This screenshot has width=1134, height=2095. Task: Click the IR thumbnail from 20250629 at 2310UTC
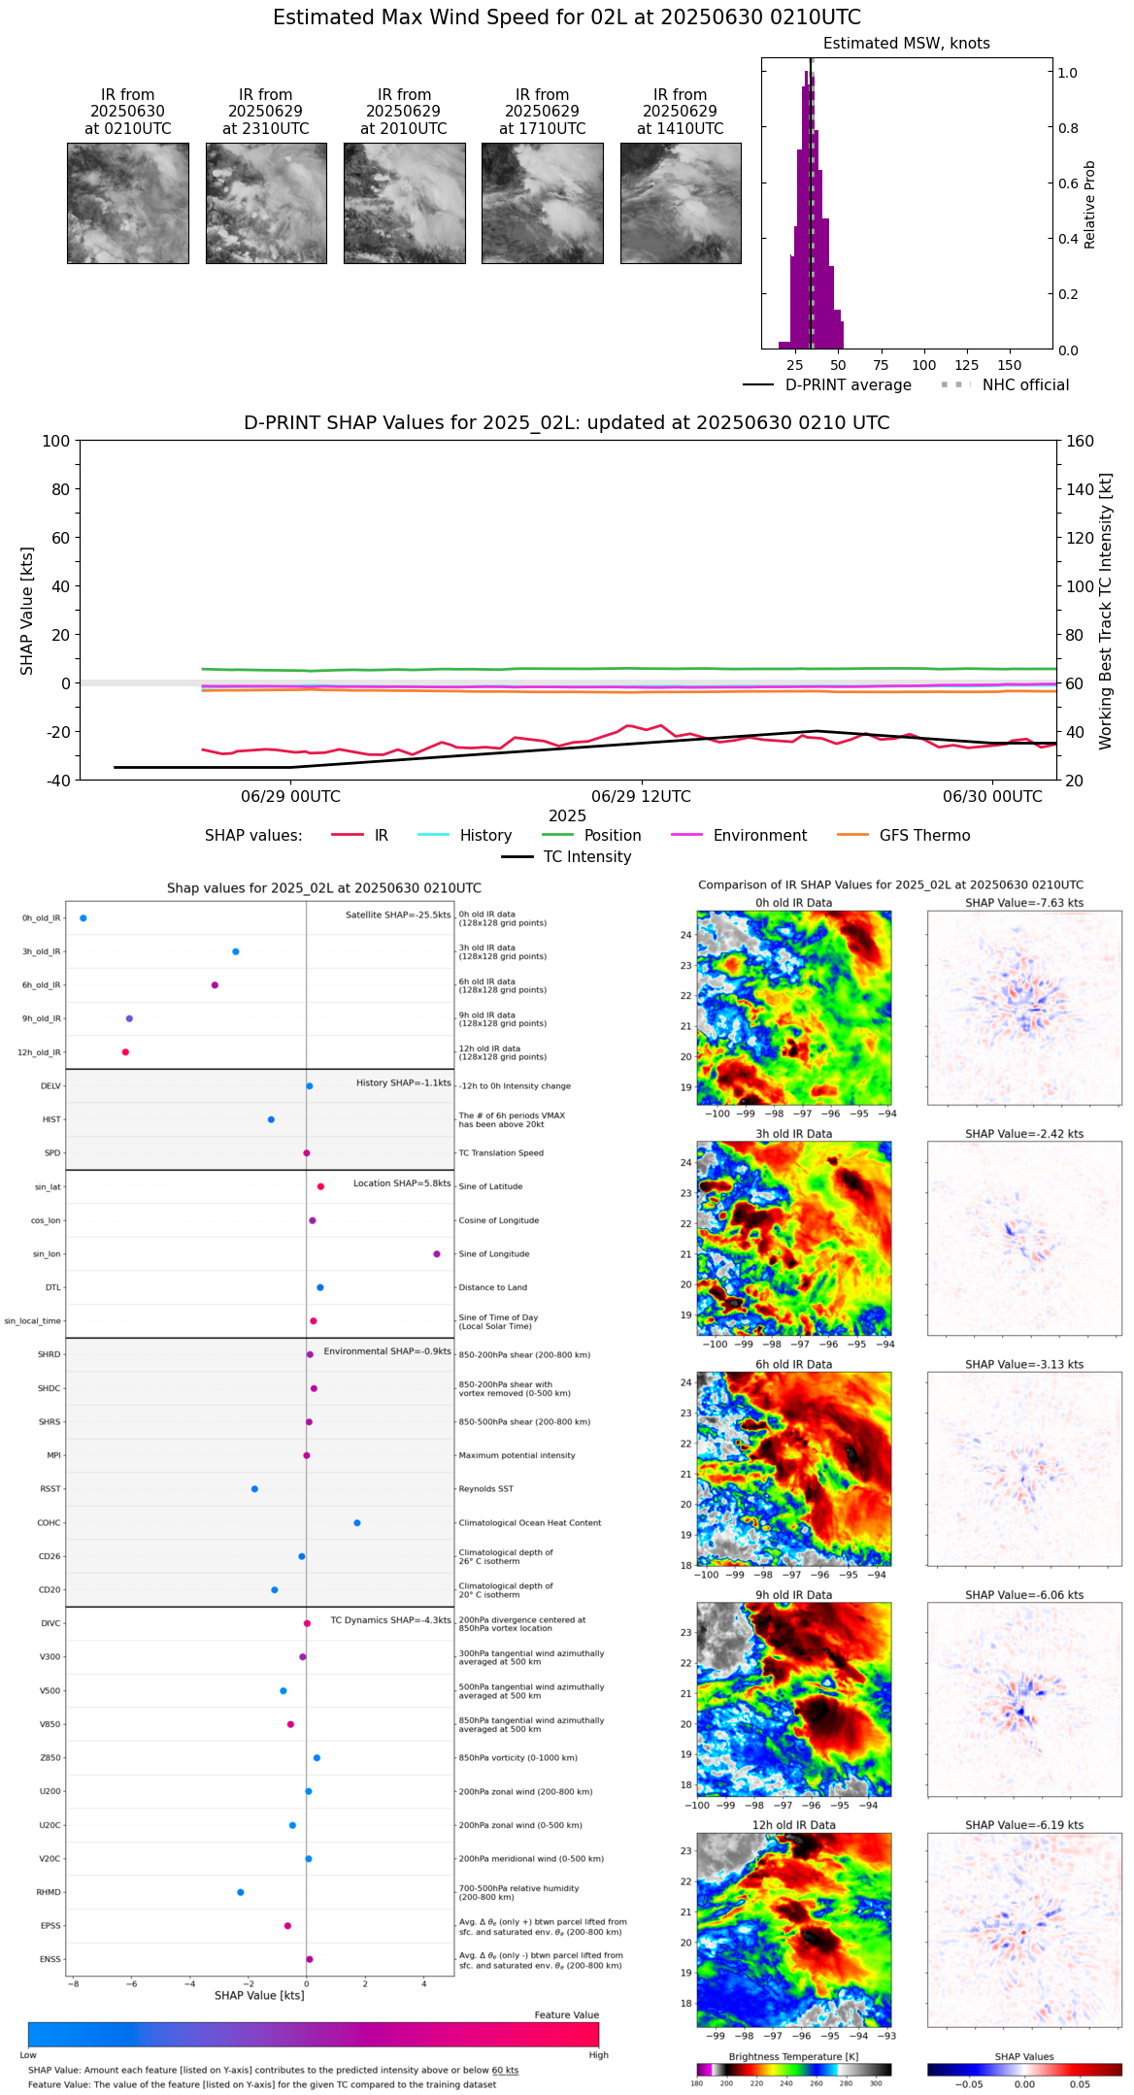266,203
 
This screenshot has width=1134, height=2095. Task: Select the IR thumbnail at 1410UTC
681,203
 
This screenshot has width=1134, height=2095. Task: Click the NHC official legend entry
1024,385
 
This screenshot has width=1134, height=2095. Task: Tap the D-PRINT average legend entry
848,385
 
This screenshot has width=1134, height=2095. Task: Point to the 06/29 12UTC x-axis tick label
641,797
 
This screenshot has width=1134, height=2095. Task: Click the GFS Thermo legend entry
924,836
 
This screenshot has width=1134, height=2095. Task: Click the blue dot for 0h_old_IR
83,918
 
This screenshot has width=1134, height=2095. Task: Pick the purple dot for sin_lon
437,1254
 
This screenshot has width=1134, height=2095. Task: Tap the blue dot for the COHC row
357,1523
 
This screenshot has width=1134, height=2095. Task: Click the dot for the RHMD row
241,1892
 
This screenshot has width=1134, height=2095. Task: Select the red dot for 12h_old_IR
125,1052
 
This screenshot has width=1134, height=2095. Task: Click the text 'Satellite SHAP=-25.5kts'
398,915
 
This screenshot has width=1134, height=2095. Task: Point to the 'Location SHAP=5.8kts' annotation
402,1184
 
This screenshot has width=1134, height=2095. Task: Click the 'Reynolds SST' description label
485,1489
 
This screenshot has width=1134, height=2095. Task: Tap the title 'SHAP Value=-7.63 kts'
1024,904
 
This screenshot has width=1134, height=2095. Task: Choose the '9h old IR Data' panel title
793,1595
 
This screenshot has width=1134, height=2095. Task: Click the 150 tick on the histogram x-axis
1010,366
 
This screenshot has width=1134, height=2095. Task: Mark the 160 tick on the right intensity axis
1081,442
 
